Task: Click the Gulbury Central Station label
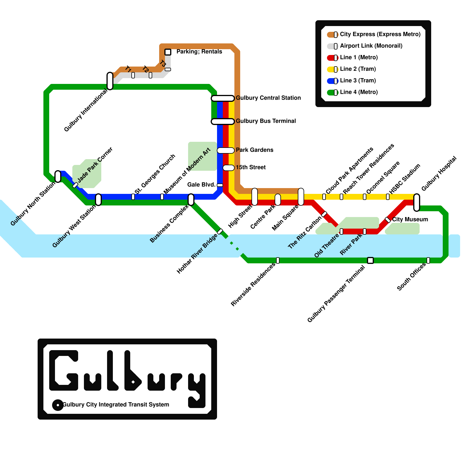[x=268, y=98]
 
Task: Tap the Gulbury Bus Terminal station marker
[x=223, y=122]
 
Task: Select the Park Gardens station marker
[x=226, y=150]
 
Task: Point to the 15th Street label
[x=251, y=167]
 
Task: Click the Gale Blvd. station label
[x=201, y=185]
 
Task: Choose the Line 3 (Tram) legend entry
[x=358, y=81]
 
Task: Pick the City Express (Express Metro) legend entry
[x=380, y=34]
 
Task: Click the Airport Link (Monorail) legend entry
[x=371, y=46]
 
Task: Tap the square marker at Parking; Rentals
[x=168, y=52]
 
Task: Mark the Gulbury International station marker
[x=110, y=81]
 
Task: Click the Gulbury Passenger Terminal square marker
[x=370, y=260]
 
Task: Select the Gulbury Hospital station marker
[x=417, y=202]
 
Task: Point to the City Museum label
[x=410, y=219]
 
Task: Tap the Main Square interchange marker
[x=301, y=197]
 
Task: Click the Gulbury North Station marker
[x=58, y=177]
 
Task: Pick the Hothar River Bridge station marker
[x=220, y=231]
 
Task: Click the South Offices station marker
[x=428, y=260]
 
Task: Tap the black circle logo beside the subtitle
[x=58, y=405]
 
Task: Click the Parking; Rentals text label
[x=199, y=52]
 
